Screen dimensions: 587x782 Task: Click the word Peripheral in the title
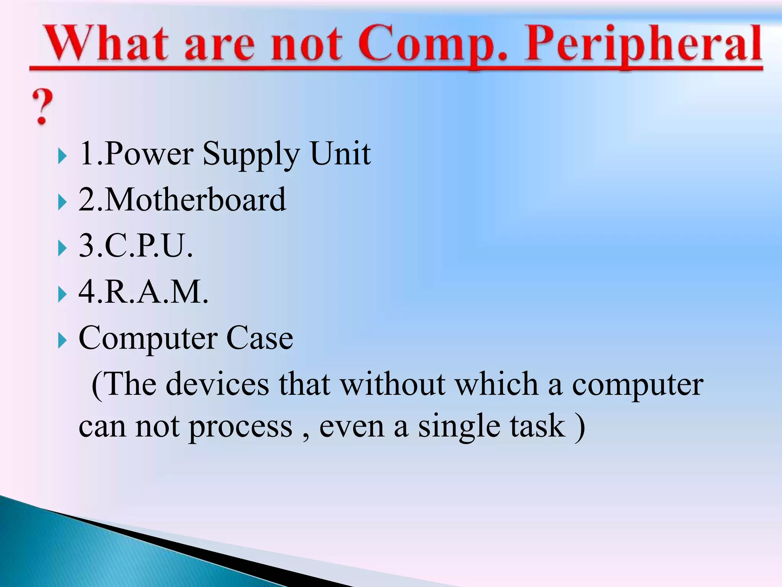click(x=643, y=44)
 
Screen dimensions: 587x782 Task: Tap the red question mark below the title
click(x=42, y=107)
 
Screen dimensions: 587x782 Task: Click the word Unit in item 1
click(x=340, y=153)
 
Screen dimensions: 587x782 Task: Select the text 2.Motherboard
click(x=182, y=200)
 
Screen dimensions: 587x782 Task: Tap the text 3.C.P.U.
click(x=136, y=245)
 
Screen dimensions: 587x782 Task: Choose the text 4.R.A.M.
click(x=143, y=292)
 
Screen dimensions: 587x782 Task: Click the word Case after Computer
click(x=260, y=338)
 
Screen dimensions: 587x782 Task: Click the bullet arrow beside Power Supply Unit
click(x=62, y=156)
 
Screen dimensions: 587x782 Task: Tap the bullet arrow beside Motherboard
click(x=62, y=202)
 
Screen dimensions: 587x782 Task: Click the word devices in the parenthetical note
click(x=218, y=384)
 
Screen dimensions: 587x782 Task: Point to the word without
click(x=393, y=384)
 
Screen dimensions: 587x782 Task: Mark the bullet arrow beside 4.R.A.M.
click(x=62, y=294)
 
